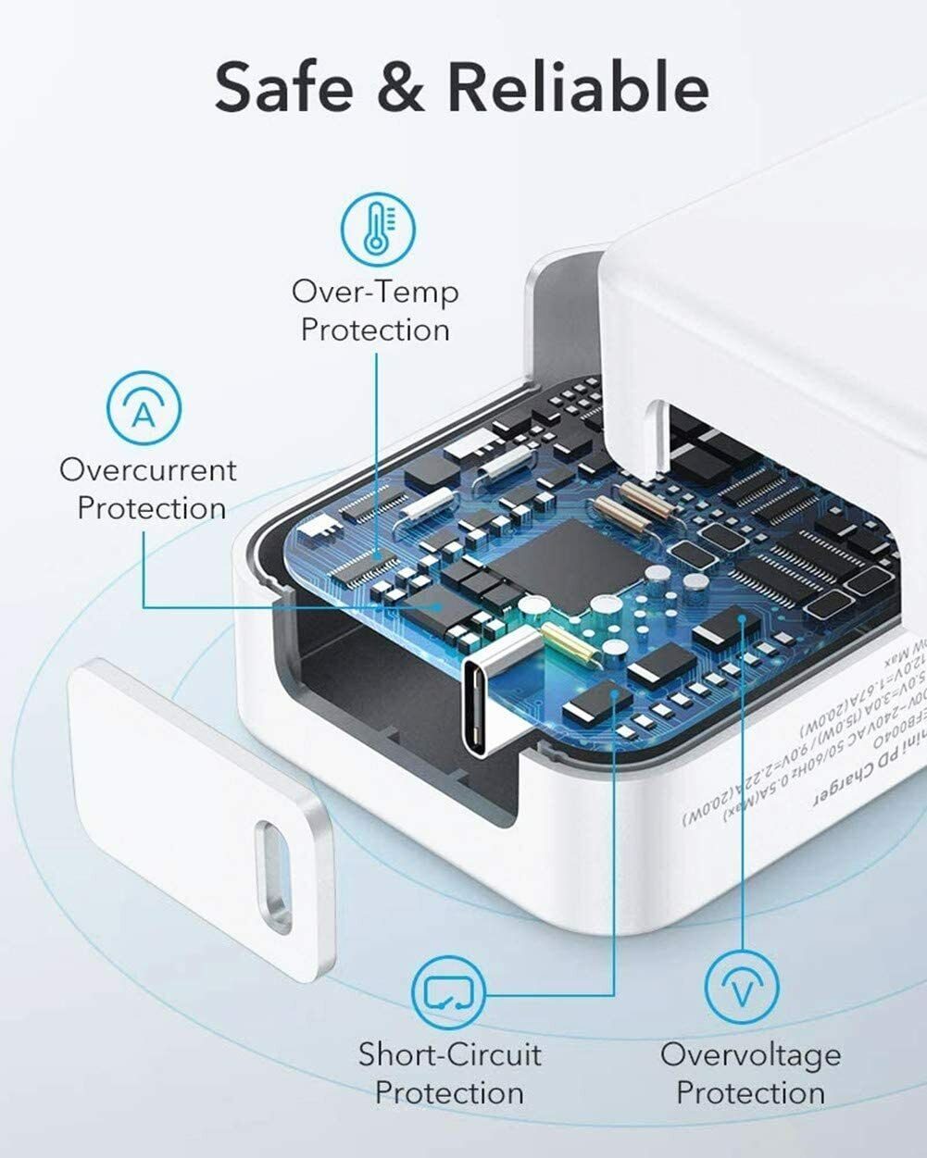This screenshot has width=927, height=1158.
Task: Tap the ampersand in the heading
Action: pos(399,88)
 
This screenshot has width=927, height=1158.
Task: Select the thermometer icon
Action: pos(378,228)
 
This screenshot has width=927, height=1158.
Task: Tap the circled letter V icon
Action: pos(742,990)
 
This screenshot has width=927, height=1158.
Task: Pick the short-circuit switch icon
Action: pos(448,991)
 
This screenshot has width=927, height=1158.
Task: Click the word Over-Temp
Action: pos(375,293)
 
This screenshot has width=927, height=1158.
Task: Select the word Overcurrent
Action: pos(148,470)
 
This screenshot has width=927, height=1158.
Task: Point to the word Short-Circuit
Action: pos(450,1054)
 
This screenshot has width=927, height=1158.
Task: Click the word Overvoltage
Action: pos(750,1054)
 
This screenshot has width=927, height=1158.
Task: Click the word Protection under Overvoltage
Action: pos(750,1092)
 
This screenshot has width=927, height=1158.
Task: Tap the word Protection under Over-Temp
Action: pos(375,330)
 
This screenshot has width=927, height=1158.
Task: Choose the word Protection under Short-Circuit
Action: pos(450,1092)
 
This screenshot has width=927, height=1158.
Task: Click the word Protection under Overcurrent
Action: pos(152,508)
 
